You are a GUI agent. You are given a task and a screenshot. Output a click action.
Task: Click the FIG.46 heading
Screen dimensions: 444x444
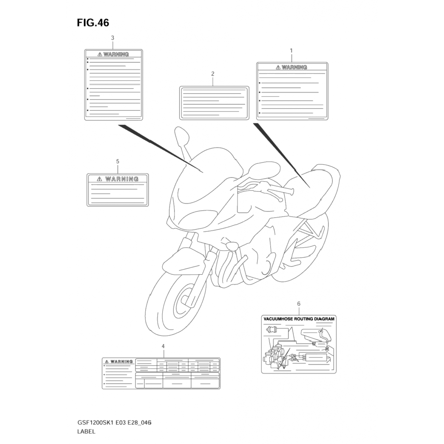pos(93,23)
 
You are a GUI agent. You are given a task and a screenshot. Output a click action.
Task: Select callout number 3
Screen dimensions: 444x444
pos(112,38)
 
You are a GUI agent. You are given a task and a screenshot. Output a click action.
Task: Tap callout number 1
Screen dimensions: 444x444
pos(291,51)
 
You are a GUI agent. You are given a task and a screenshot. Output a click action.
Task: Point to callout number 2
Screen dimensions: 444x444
pos(213,74)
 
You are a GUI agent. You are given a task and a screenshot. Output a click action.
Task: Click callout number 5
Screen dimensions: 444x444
pos(118,162)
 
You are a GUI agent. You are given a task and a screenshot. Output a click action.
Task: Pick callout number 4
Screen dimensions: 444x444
pos(163,346)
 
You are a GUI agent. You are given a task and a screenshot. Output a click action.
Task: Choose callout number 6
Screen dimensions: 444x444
pos(299,304)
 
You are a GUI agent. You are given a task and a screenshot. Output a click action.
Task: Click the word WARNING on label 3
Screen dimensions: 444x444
pos(116,54)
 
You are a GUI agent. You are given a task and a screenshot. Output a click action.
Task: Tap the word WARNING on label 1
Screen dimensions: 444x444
pos(294,67)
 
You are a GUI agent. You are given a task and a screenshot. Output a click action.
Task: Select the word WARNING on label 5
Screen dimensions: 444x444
pos(122,179)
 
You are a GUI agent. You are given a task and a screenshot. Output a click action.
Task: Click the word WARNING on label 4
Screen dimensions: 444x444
pos(121,362)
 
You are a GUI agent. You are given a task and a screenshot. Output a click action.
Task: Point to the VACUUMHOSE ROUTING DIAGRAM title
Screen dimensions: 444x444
pos(299,319)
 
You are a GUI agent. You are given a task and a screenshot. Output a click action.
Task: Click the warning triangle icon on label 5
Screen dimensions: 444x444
pos(99,179)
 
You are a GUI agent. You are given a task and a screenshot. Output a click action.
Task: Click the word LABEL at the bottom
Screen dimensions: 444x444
pos(86,431)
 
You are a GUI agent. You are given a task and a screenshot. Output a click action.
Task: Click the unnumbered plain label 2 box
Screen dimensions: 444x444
pos(214,103)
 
